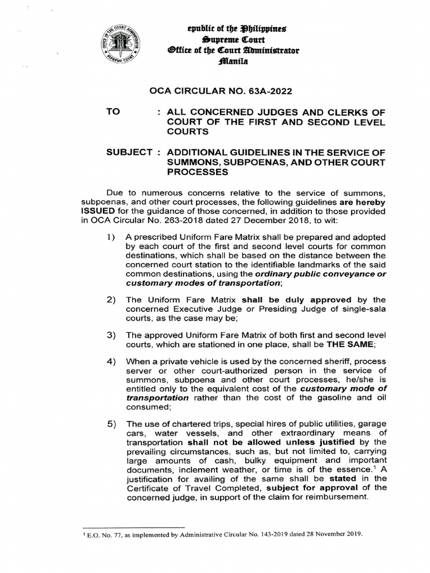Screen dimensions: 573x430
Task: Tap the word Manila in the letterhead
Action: tap(236, 63)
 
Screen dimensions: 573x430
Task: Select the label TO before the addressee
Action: tap(114, 111)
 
